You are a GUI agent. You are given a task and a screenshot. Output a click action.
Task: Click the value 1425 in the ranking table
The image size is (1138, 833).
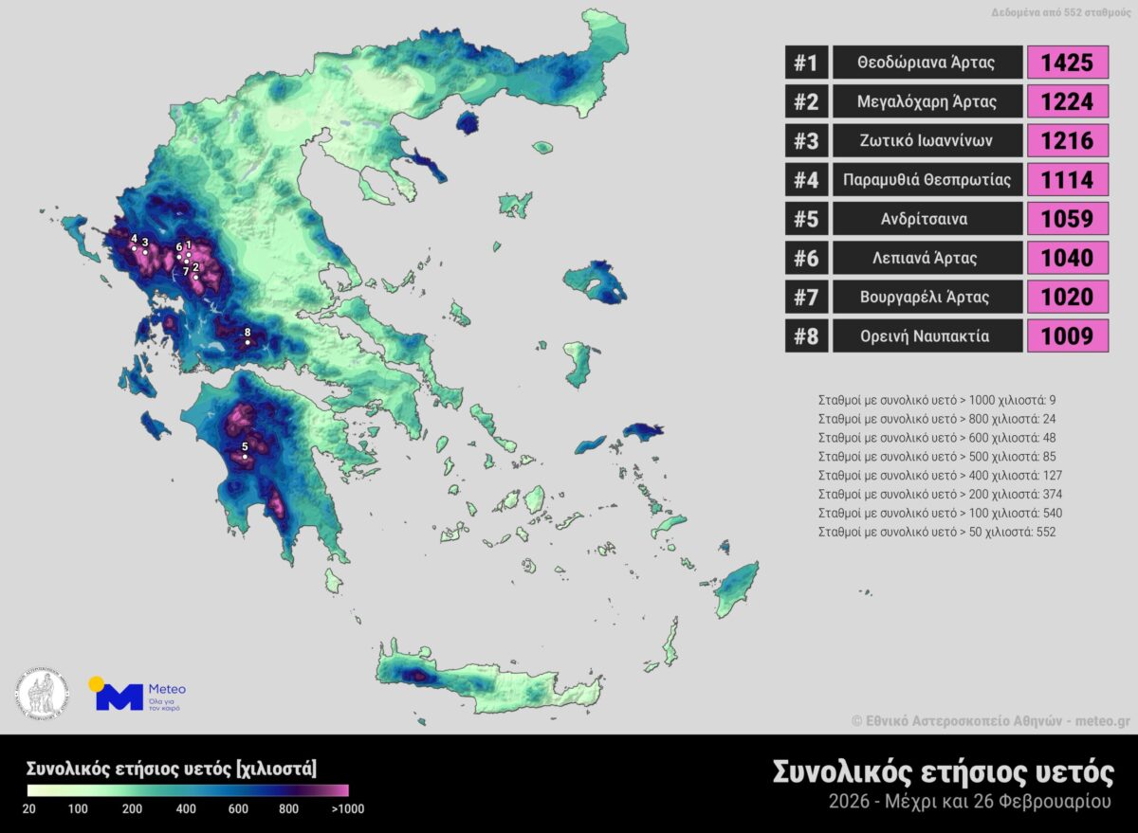tap(1068, 63)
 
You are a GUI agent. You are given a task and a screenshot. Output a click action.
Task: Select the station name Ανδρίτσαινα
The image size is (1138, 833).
tap(927, 219)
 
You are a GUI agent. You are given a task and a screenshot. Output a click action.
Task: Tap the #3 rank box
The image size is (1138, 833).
tap(805, 141)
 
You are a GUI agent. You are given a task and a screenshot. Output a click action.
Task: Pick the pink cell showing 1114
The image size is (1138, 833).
tap(1068, 180)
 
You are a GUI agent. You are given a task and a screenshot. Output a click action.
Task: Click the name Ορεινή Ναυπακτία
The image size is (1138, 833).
tap(927, 335)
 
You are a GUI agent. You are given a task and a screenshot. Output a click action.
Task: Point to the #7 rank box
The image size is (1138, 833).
tap(805, 297)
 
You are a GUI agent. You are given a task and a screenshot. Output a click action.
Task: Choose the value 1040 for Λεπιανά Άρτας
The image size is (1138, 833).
tap(1068, 258)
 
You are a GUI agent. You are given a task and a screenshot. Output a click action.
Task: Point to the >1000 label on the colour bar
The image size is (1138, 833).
tap(346, 809)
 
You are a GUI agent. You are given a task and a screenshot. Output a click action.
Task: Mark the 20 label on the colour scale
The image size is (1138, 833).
tap(29, 809)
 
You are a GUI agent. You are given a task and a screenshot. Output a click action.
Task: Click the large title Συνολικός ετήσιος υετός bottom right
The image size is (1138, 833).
tap(943, 772)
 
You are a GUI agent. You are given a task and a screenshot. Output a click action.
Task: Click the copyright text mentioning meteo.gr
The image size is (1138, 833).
tap(990, 720)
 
